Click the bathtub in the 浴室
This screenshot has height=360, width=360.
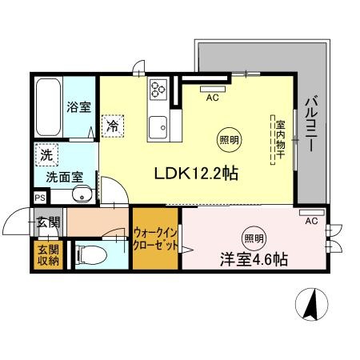tap(48, 107)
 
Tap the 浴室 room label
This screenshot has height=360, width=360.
tap(79, 107)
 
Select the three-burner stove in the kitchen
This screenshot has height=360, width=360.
tap(158, 89)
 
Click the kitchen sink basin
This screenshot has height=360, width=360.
tap(158, 127)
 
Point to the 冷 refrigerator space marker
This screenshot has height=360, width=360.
tap(113, 126)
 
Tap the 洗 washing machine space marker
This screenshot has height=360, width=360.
tap(46, 155)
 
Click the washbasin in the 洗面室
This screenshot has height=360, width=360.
tap(82, 194)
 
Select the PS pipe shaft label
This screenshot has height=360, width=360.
tap(40, 198)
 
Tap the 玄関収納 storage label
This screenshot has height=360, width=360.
tap(48, 255)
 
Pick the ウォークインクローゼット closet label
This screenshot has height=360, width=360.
tap(155, 239)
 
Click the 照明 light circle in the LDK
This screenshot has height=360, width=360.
tap(229, 140)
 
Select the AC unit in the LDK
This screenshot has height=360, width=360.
tap(213, 89)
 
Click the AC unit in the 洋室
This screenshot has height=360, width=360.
tap(312, 213)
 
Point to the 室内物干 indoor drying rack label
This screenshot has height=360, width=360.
tap(280, 139)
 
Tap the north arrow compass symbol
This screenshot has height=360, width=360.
tap(311, 305)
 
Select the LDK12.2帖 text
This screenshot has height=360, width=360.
tap(196, 174)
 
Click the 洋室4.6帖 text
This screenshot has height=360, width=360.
tap(254, 259)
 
